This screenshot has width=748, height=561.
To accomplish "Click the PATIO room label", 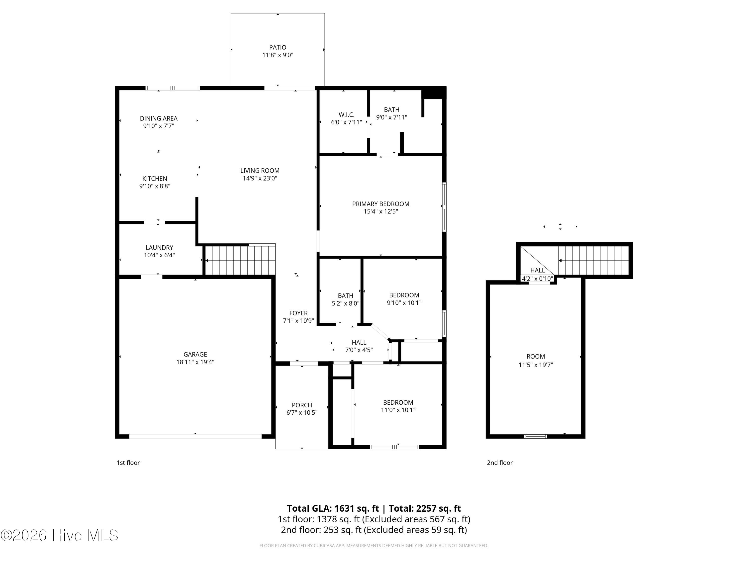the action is (278, 47).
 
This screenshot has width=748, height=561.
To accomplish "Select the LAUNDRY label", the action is (159, 248).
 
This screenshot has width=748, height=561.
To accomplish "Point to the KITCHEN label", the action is (155, 179).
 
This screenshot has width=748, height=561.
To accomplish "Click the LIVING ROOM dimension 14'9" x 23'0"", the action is (260, 178).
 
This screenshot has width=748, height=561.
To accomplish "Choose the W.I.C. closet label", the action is (346, 115).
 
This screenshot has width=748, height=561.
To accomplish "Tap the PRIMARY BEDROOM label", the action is (381, 204).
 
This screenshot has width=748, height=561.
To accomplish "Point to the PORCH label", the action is (302, 405).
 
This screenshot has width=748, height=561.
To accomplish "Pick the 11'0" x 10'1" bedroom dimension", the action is (398, 410).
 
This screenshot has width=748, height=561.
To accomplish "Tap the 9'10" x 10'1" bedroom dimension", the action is (404, 303).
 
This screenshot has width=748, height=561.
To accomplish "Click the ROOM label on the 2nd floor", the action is (536, 356).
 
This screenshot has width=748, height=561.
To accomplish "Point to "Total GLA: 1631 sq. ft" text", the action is (333, 509).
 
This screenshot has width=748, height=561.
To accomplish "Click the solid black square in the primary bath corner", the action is (434, 93).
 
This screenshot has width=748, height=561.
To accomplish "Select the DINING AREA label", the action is (159, 118).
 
